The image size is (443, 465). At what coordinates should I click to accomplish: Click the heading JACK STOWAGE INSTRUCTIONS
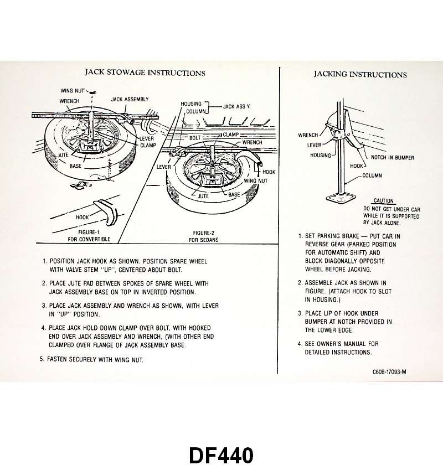(145, 73)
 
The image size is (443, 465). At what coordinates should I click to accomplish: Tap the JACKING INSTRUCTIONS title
(360, 74)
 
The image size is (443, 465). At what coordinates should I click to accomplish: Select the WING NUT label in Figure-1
(73, 90)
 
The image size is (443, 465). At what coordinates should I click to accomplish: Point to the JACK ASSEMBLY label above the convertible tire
(130, 99)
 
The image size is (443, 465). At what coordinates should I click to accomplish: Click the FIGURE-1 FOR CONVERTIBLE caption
(89, 236)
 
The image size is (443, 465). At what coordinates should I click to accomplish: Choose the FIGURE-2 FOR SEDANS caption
(203, 236)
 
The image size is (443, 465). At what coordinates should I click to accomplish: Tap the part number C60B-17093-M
(386, 372)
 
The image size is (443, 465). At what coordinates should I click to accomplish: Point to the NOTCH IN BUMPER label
(392, 157)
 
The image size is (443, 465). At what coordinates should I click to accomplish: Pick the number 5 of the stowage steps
(42, 359)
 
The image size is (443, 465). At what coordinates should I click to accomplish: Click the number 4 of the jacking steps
(300, 344)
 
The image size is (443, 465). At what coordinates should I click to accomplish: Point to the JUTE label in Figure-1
(63, 156)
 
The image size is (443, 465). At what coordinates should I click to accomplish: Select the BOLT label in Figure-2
(194, 137)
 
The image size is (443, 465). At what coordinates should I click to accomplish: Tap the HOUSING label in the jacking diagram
(320, 156)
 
